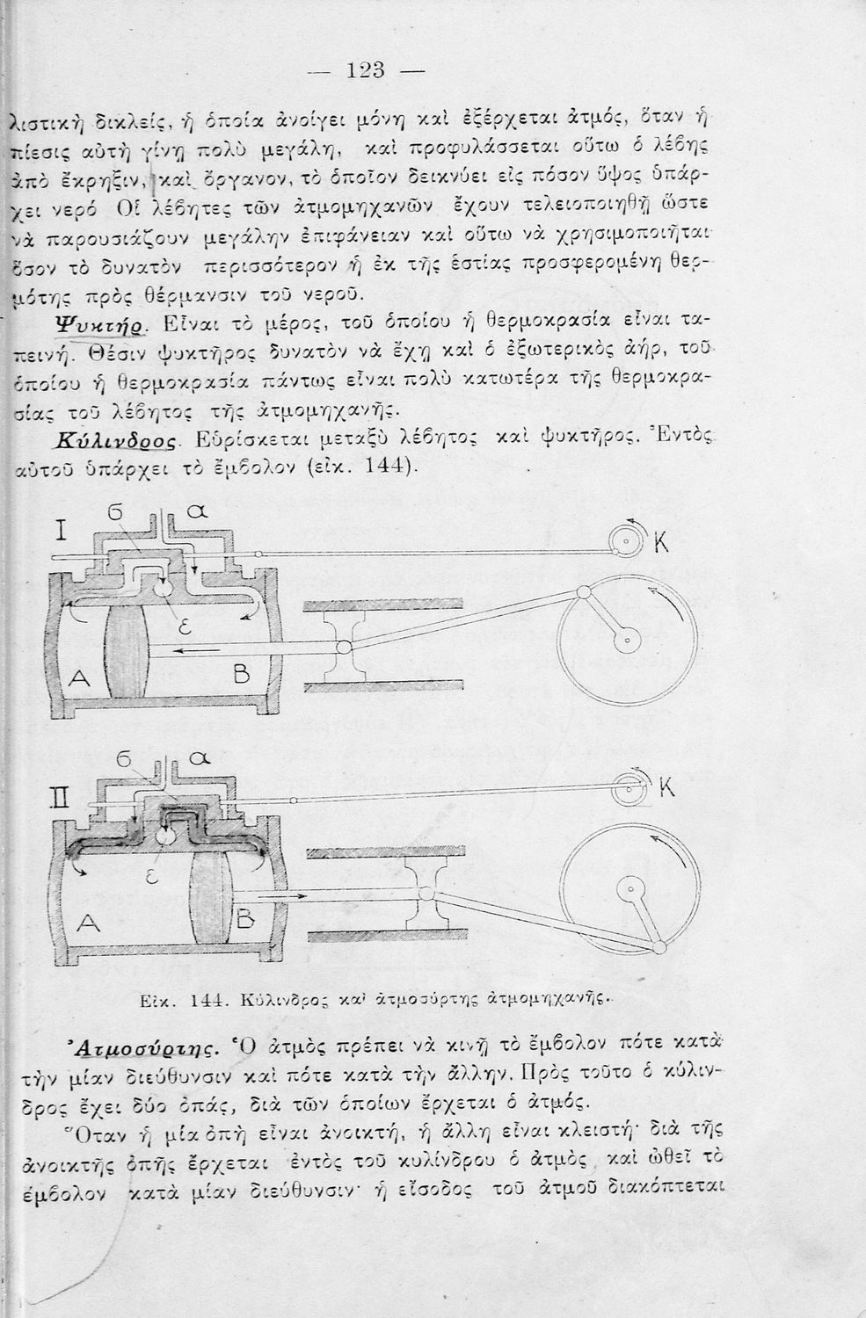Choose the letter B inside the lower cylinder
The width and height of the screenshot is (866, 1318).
[244, 920]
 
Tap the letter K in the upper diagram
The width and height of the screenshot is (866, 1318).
[661, 545]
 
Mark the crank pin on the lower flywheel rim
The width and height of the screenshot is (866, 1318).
[659, 946]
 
